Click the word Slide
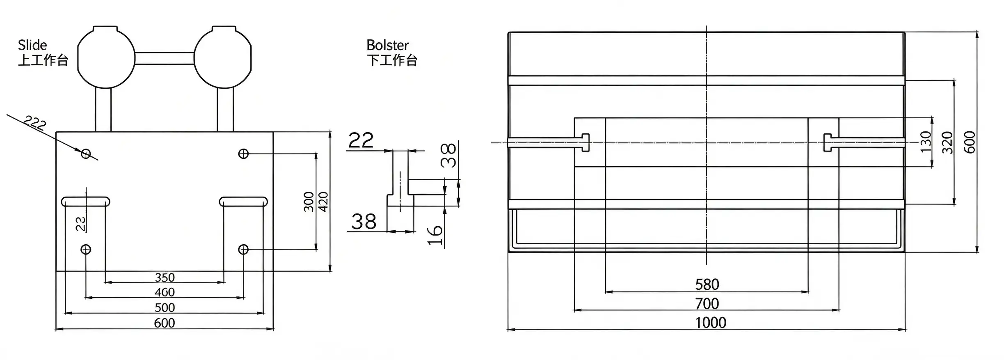coord(32,45)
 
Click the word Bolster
coord(388,45)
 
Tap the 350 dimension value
coord(165,277)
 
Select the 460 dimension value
coord(165,292)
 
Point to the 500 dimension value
coord(165,307)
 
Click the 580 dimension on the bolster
coord(707,284)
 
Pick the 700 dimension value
coord(707,304)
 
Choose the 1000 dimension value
coord(711,323)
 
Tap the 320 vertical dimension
coord(947,143)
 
